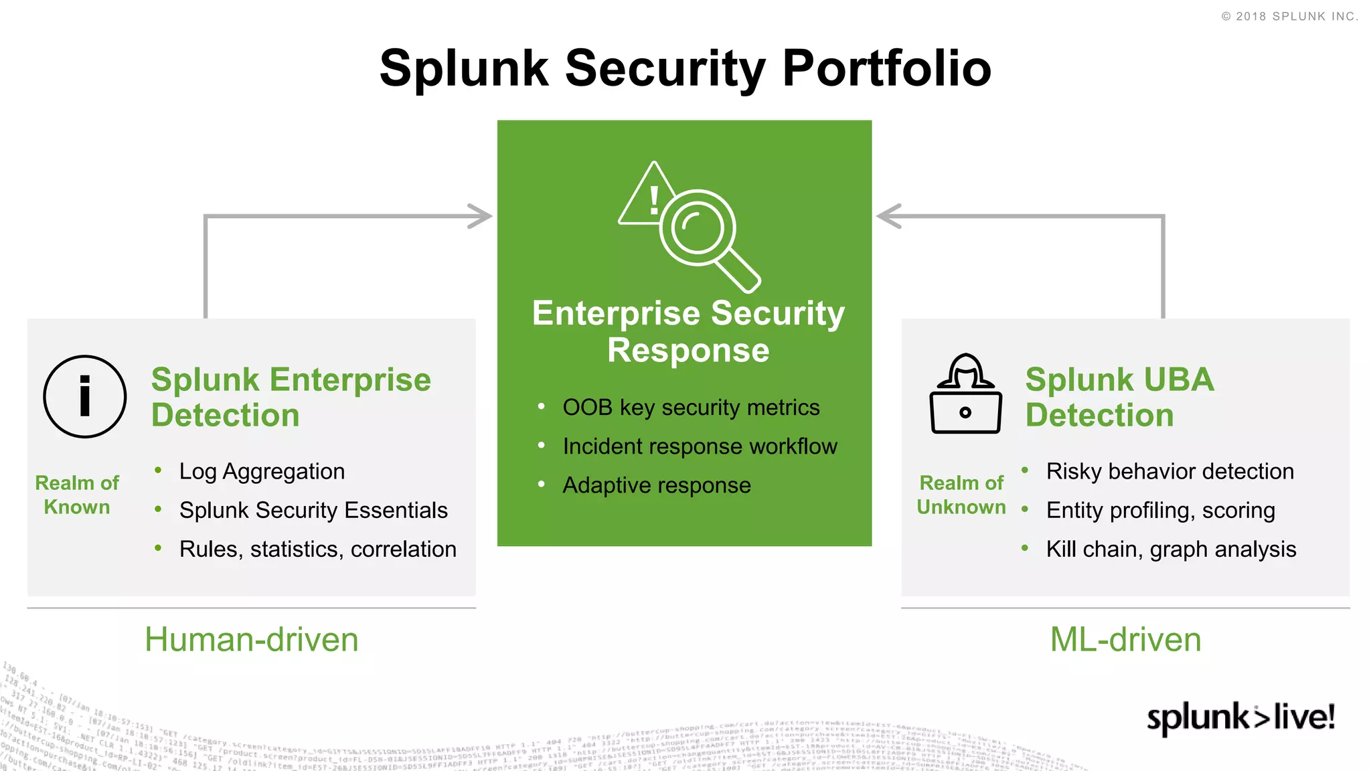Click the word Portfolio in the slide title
tap(886, 69)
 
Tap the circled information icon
tap(85, 397)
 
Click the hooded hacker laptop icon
tap(965, 394)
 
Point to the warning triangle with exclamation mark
tap(646, 197)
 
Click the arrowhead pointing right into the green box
tap(481, 216)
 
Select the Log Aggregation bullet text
tap(262, 471)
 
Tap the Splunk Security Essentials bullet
tap(313, 510)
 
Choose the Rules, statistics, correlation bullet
tap(318, 549)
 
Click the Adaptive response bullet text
tap(656, 485)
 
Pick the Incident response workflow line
tap(700, 446)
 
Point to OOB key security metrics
tap(691, 407)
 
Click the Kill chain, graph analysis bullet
tap(1171, 549)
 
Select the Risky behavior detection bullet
tap(1170, 471)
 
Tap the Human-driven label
tap(252, 639)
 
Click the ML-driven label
tap(1125, 639)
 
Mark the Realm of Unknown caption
tap(961, 495)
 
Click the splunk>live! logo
tap(1240, 717)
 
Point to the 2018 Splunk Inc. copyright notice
tap(1289, 16)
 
